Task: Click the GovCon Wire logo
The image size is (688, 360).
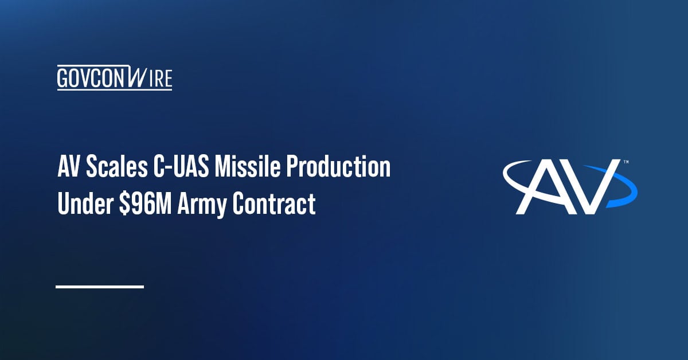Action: (x=114, y=78)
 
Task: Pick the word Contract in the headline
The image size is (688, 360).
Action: (x=274, y=204)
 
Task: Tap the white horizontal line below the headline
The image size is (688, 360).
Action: (x=99, y=286)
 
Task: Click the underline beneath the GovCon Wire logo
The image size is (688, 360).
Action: (x=114, y=89)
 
